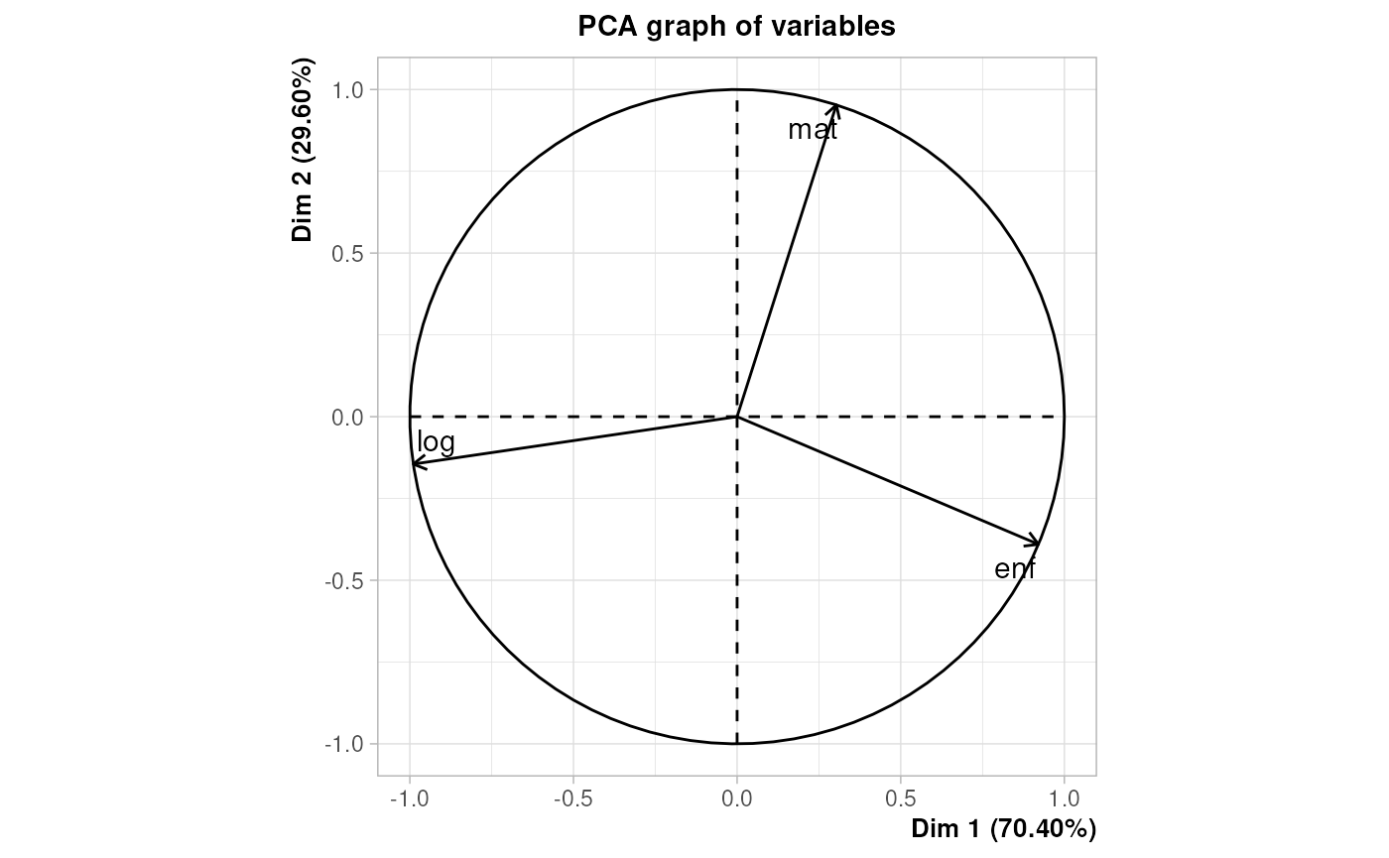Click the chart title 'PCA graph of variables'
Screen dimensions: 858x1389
pos(736,27)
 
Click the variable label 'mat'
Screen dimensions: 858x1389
pos(813,129)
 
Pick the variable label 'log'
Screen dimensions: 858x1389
pos(436,442)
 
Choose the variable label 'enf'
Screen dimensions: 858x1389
pos(1015,569)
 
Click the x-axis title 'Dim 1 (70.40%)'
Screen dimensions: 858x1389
pos(1003,828)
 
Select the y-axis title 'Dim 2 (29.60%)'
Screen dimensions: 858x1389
pos(303,151)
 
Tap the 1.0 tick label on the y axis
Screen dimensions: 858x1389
pos(349,90)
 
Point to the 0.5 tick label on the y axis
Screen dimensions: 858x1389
pos(349,254)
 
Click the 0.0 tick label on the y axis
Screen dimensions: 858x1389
pos(349,418)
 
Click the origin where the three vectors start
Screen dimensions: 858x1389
pos(736,417)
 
